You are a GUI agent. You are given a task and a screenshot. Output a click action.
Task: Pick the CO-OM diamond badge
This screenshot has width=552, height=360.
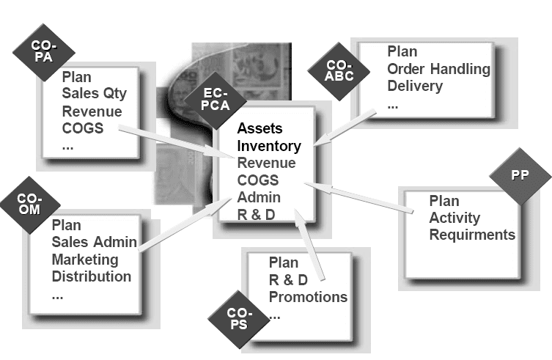point(30,204)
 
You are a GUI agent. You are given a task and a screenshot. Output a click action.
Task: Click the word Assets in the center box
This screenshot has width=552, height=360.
point(260,128)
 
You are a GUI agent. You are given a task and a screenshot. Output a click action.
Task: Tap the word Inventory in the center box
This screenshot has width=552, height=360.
point(269,146)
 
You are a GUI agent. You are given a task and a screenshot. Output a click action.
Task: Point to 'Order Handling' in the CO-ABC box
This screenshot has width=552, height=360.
point(438,70)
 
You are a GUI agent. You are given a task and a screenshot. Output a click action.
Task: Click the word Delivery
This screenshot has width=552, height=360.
point(415,87)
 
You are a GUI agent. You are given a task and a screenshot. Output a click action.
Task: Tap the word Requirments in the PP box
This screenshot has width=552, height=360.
point(472,235)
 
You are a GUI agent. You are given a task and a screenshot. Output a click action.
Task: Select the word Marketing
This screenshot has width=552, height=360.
point(84,260)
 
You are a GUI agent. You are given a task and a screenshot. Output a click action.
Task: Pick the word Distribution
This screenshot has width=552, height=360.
point(92,277)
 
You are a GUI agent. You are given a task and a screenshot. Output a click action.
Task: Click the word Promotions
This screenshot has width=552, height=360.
point(308,297)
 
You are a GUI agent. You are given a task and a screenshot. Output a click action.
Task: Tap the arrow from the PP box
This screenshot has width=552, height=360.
point(359,198)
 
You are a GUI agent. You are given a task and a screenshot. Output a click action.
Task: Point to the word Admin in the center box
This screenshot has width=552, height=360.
point(259,198)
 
